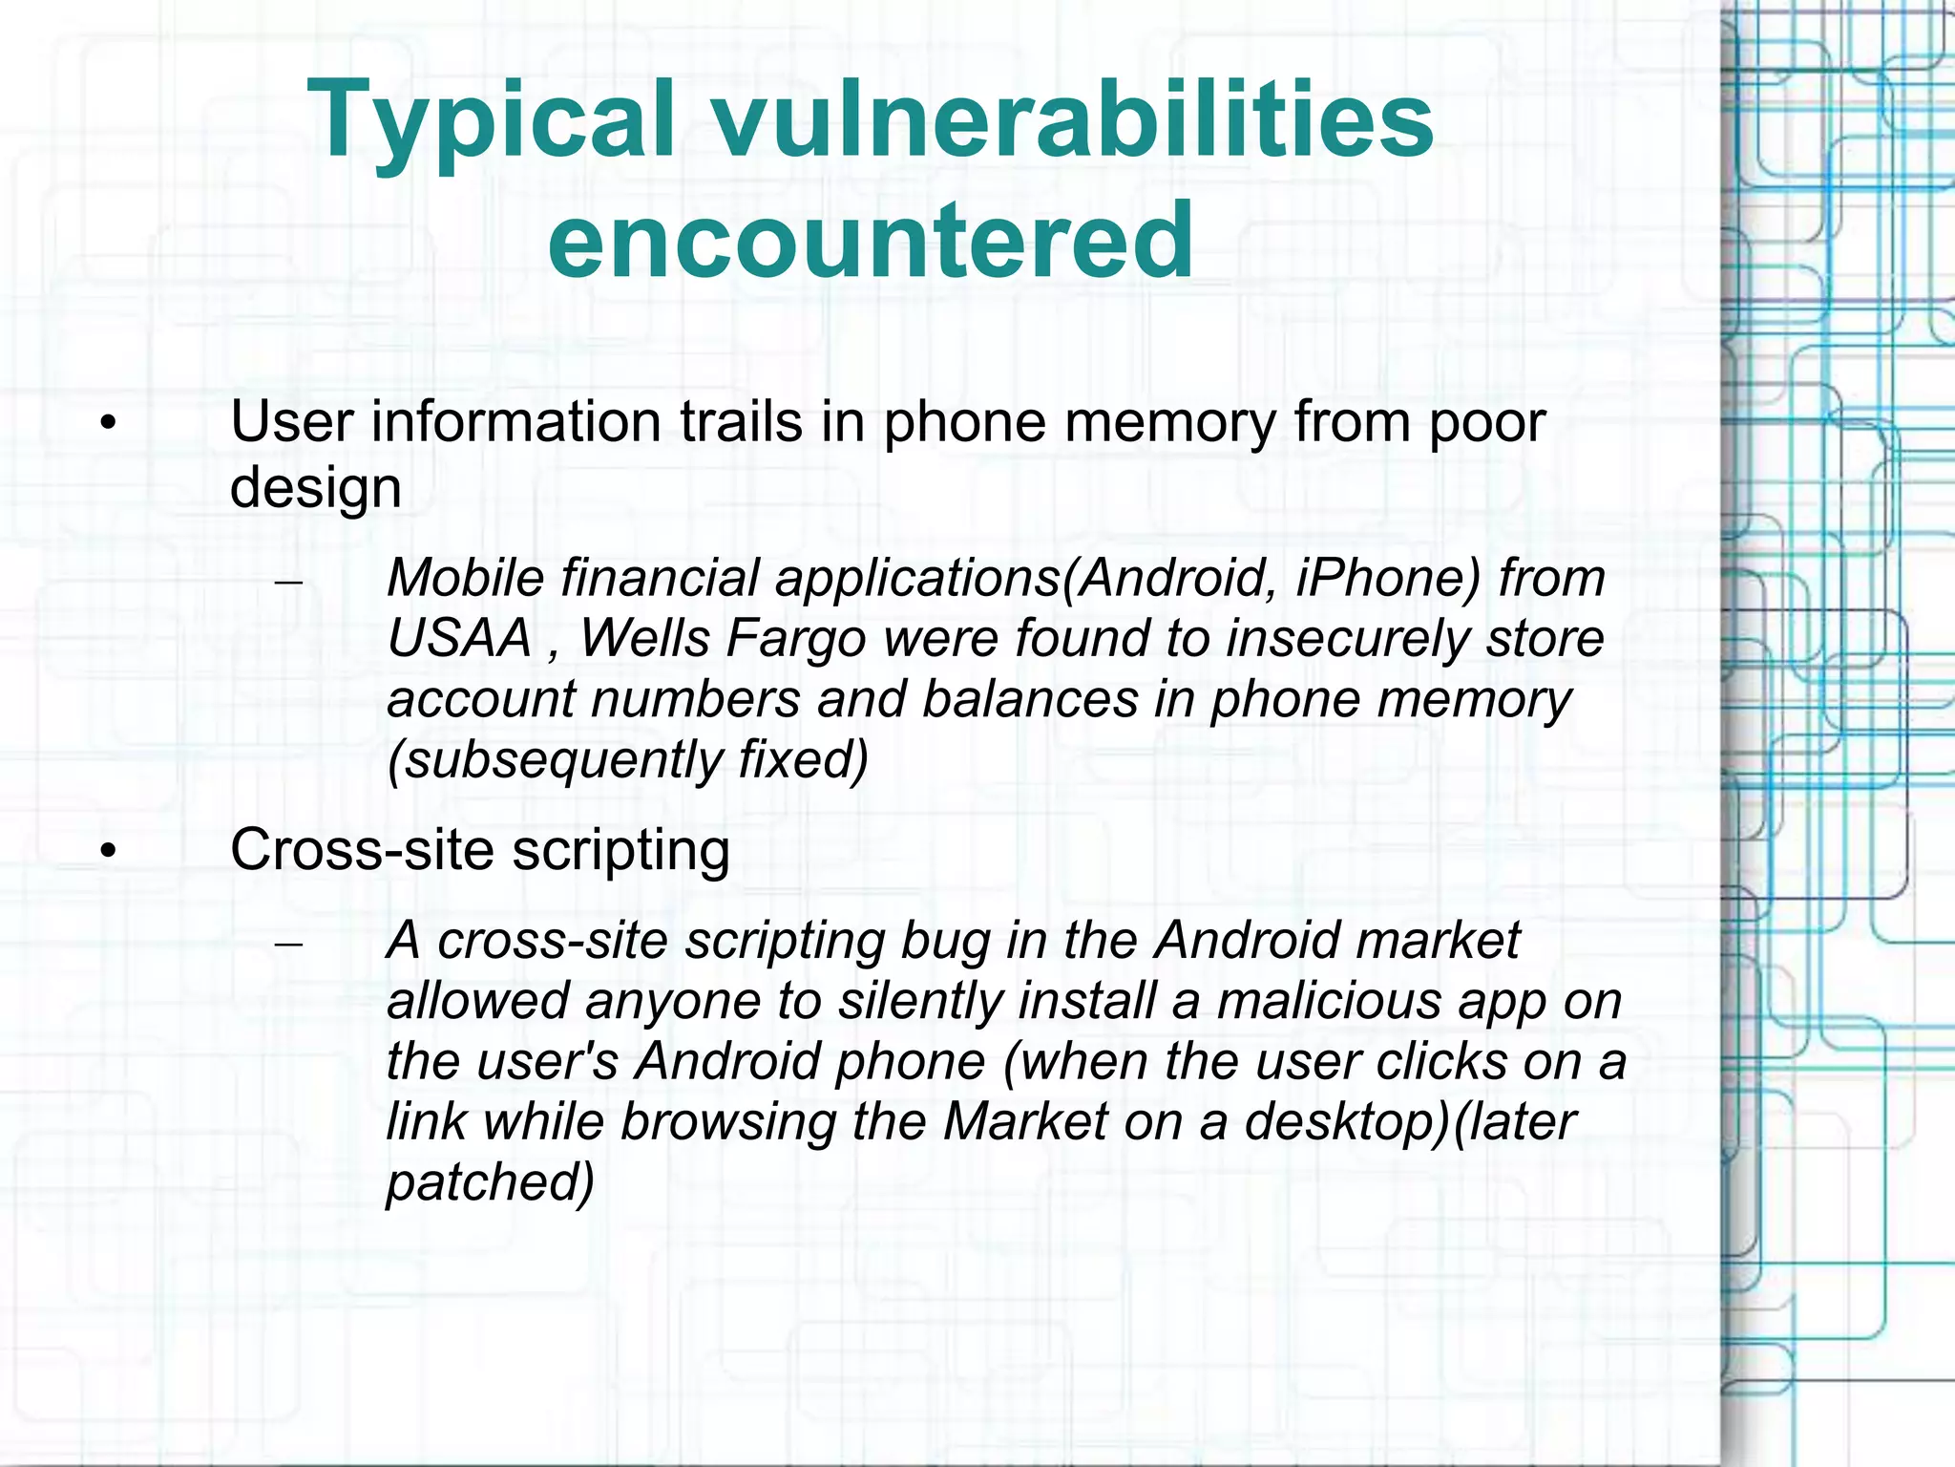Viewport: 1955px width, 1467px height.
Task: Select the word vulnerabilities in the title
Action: click(x=1073, y=120)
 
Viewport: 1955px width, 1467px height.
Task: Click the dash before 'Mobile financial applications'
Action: click(x=287, y=582)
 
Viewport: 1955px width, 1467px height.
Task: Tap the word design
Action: click(x=315, y=487)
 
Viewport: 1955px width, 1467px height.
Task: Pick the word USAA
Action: click(x=459, y=637)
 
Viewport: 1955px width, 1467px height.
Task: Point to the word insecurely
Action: click(x=1347, y=637)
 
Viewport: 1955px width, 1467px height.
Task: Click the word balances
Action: click(x=1030, y=698)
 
